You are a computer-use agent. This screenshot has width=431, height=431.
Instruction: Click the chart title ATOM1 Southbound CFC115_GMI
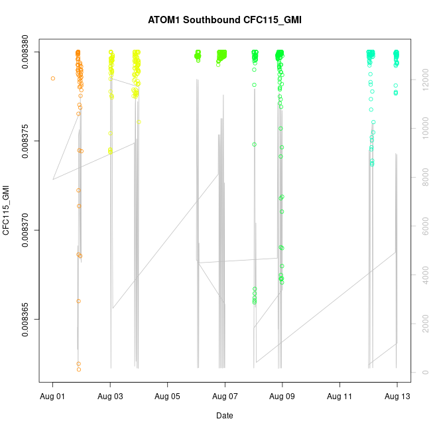(x=225, y=20)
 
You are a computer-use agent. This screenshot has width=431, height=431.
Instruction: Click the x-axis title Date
(x=225, y=416)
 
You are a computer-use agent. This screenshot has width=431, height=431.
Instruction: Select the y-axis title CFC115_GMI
(x=7, y=211)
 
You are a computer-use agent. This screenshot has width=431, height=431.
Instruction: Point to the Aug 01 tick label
(x=53, y=397)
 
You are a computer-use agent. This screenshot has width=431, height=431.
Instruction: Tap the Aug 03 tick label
(x=110, y=397)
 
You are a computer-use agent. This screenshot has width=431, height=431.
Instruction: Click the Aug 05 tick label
(x=168, y=397)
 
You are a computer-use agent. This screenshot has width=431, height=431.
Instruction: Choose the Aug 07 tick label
(x=225, y=397)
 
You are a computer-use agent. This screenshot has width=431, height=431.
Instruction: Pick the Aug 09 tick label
(x=282, y=397)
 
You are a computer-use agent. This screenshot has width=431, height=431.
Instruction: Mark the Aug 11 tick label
(x=339, y=397)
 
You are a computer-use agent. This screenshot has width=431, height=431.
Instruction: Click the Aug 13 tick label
(x=397, y=397)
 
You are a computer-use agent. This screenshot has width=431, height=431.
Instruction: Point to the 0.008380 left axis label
(x=27, y=52)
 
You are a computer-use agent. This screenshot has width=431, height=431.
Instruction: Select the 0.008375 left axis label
(x=27, y=141)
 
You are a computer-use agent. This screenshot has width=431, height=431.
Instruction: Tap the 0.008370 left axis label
(x=27, y=230)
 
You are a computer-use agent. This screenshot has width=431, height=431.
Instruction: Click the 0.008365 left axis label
(x=27, y=319)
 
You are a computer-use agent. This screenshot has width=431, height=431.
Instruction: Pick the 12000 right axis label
(x=422, y=80)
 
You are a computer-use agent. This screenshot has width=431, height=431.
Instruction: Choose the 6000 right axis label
(x=422, y=226)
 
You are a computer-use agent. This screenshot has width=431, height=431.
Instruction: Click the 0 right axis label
(x=422, y=372)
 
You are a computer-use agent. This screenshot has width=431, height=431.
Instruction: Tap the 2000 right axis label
(x=422, y=324)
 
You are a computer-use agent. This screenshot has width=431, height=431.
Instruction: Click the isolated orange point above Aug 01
(x=53, y=78)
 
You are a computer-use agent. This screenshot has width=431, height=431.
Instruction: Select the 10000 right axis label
(x=422, y=129)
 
